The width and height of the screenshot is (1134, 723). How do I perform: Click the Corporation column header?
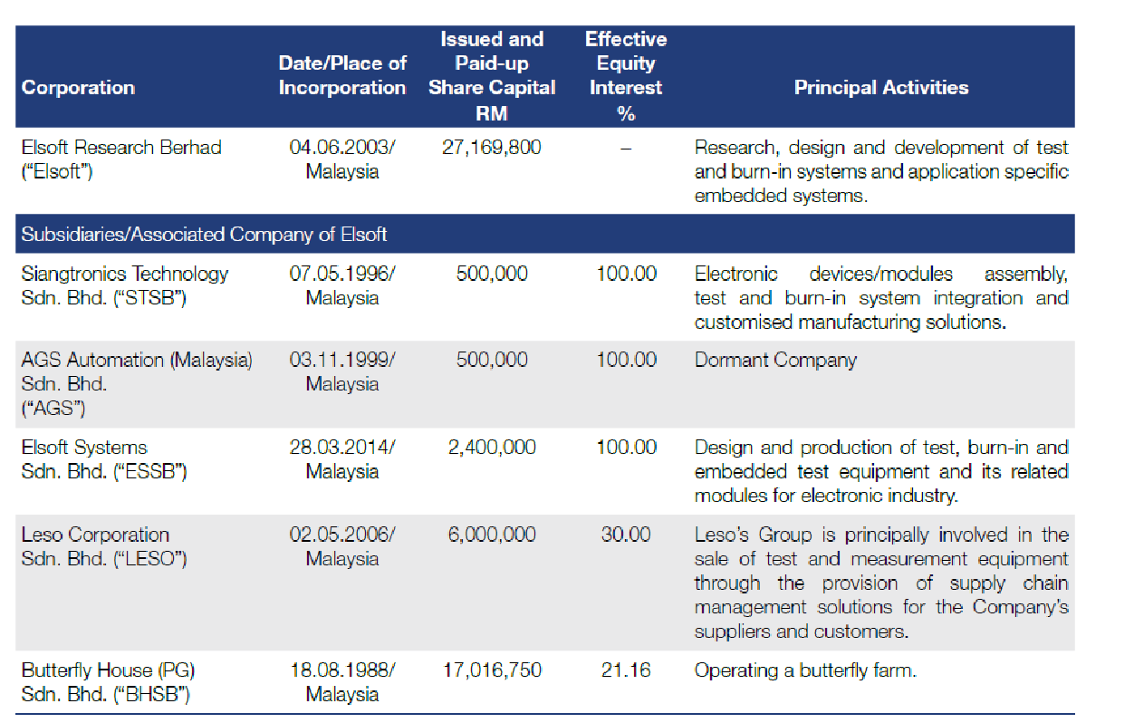pyautogui.click(x=78, y=88)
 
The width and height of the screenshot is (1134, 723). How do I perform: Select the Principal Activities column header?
pyautogui.click(x=881, y=88)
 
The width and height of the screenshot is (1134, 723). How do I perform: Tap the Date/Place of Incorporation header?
pyautogui.click(x=342, y=75)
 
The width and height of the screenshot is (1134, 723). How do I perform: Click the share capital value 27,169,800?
pyautogui.click(x=492, y=148)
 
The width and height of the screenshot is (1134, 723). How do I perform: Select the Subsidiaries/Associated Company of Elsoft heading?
pyautogui.click(x=204, y=235)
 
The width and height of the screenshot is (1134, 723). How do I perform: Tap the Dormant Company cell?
pyautogui.click(x=775, y=360)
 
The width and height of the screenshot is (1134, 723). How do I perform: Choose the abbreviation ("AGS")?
pyautogui.click(x=53, y=408)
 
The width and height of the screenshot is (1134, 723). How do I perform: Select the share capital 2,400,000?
pyautogui.click(x=492, y=448)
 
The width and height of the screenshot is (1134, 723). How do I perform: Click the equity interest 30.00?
pyautogui.click(x=626, y=535)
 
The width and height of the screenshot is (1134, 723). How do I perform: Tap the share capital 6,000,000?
pyautogui.click(x=492, y=535)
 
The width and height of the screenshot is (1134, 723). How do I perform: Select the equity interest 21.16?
pyautogui.click(x=626, y=670)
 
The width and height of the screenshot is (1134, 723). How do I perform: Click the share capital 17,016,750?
pyautogui.click(x=492, y=670)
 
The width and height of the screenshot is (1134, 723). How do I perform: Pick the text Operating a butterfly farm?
pyautogui.click(x=805, y=670)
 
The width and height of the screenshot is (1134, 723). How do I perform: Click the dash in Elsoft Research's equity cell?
pyautogui.click(x=626, y=149)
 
